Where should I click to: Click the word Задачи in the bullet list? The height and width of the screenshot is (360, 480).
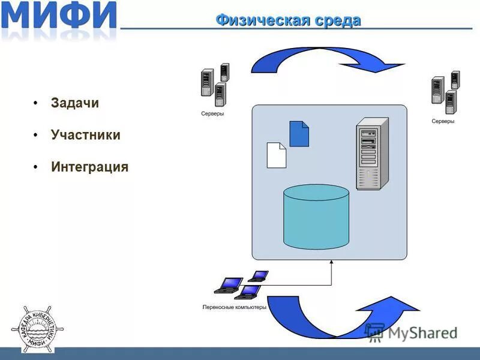pyautogui.click(x=75, y=103)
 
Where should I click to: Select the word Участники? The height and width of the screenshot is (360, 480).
pyautogui.click(x=86, y=135)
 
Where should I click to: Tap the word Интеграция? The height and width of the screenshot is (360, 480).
pyautogui.click(x=90, y=167)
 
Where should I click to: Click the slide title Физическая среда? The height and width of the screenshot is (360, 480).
pyautogui.click(x=288, y=20)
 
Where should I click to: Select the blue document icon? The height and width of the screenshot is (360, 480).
pyautogui.click(x=299, y=134)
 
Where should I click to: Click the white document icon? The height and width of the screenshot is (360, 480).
pyautogui.click(x=276, y=155)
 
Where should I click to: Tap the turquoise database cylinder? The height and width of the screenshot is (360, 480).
pyautogui.click(x=316, y=217)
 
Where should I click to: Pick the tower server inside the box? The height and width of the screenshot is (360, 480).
pyautogui.click(x=372, y=154)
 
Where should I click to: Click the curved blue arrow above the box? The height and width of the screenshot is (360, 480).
pyautogui.click(x=324, y=57)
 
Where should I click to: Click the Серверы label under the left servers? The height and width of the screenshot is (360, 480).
pyautogui.click(x=212, y=113)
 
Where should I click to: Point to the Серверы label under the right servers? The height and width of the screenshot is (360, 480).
pyautogui.click(x=443, y=121)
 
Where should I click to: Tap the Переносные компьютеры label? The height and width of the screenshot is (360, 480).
pyautogui.click(x=234, y=307)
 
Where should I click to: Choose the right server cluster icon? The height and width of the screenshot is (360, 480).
pyautogui.click(x=445, y=92)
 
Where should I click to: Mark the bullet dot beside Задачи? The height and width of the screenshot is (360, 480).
pyautogui.click(x=37, y=103)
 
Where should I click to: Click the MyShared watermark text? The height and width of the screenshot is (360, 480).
pyautogui.click(x=414, y=332)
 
